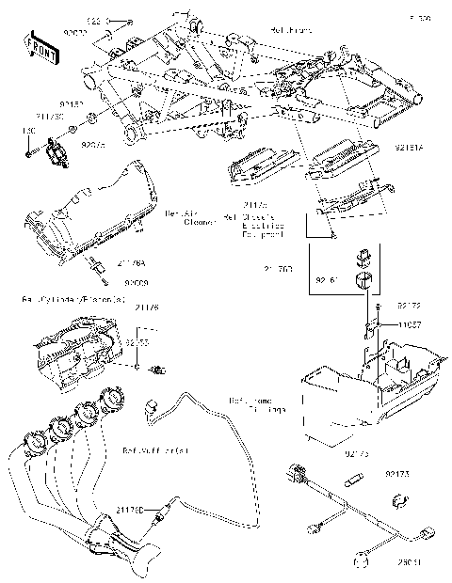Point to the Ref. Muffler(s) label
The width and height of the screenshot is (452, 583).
point(154,450)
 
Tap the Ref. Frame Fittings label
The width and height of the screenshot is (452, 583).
point(254,405)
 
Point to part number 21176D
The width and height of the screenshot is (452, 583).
point(130,509)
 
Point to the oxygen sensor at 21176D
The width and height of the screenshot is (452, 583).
point(165,511)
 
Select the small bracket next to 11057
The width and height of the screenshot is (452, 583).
point(373,332)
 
